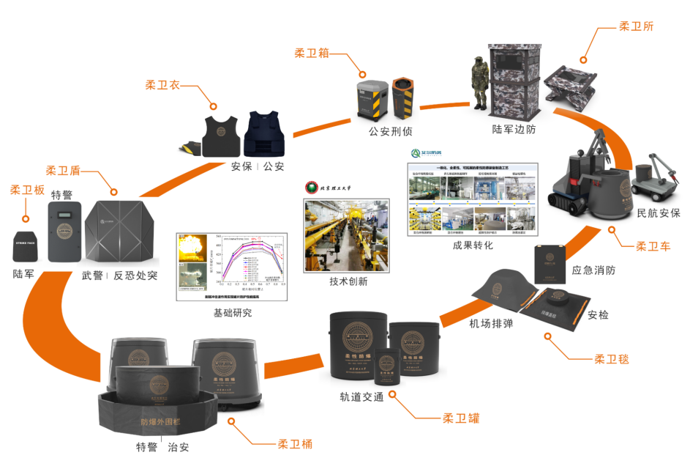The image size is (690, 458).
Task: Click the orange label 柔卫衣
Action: pyautogui.click(x=162, y=85)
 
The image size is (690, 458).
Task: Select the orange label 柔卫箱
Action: pyautogui.click(x=312, y=53)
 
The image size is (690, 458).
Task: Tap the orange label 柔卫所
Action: pyautogui.click(x=636, y=26)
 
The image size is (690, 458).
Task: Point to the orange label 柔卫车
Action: pyautogui.click(x=653, y=247)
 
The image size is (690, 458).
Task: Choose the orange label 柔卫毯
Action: pyautogui.click(x=611, y=359)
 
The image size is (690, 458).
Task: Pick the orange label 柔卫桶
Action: pyautogui.click(x=295, y=444)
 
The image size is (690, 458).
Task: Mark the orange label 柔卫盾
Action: pyautogui.click(x=63, y=170)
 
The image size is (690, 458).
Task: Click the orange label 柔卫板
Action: pyautogui.click(x=26, y=190)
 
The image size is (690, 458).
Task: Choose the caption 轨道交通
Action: pyautogui.click(x=361, y=397)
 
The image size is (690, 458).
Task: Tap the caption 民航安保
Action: pyautogui.click(x=658, y=213)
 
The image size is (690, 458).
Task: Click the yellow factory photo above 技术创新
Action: pyautogui.click(x=339, y=235)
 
